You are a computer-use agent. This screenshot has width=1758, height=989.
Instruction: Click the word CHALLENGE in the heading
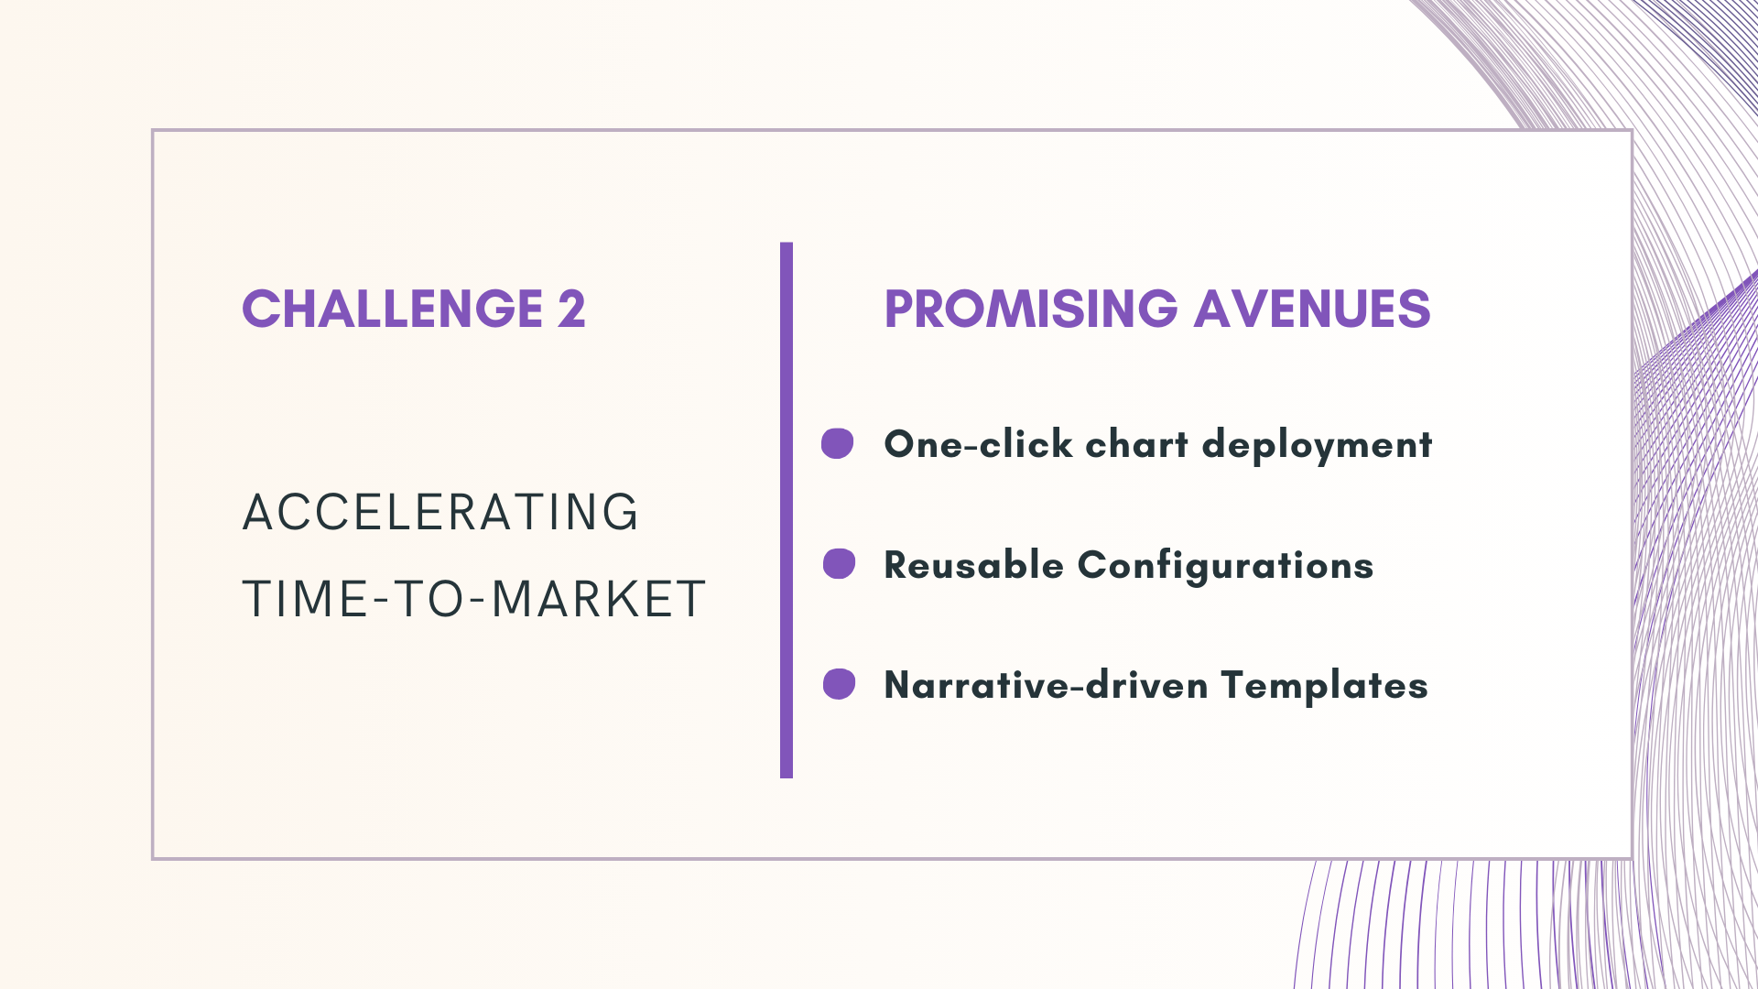393,309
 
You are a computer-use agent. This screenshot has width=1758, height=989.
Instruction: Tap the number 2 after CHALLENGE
571,309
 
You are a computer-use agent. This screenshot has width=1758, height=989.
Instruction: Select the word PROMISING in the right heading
1031,309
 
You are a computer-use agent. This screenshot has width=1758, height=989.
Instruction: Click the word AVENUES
1312,309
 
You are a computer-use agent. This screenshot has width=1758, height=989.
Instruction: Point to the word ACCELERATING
440,512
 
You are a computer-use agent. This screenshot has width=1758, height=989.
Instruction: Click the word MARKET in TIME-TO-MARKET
598,600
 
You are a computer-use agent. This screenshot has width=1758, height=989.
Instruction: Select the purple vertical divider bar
787,510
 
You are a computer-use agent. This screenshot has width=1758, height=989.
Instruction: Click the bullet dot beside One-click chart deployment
837,443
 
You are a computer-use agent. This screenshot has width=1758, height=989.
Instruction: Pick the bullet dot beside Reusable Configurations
839,564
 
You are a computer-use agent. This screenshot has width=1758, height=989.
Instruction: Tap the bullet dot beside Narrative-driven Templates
839,684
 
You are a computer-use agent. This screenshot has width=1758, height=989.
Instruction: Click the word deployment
1317,445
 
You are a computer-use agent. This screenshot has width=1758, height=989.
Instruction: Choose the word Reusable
973,565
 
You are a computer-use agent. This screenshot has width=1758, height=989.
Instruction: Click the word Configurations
1225,566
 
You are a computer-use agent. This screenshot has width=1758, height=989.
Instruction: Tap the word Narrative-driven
1046,685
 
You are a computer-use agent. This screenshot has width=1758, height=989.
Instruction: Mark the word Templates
1324,686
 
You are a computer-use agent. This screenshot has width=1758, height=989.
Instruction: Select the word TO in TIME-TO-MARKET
430,600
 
